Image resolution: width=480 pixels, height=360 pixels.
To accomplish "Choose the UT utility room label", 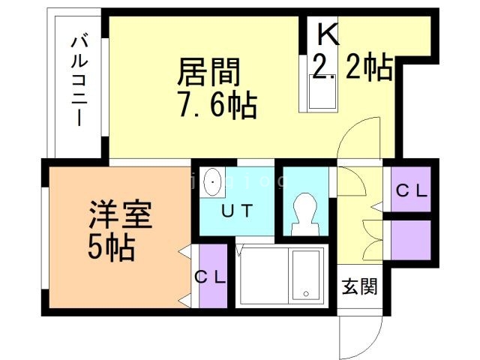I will [236, 211].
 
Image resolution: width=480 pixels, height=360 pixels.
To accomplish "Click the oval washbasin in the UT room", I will [213, 181].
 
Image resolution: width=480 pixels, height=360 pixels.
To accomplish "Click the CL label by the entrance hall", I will [411, 190].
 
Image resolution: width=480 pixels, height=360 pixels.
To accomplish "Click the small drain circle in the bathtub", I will [305, 293].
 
